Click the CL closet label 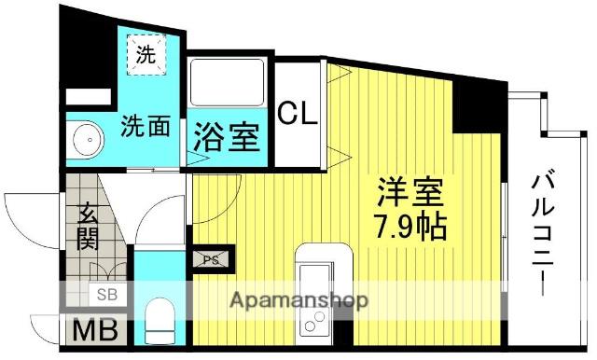[298, 114]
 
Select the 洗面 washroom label [145, 127]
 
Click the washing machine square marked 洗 [146, 54]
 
